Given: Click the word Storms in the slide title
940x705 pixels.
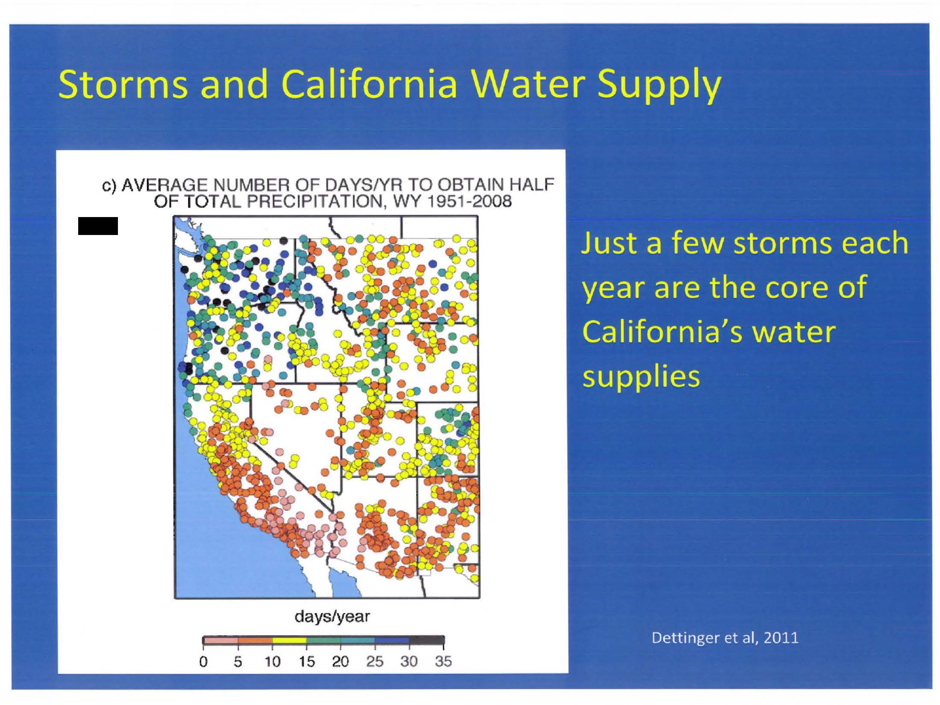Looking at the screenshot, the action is coord(123,84).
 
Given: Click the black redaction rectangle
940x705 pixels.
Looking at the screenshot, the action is coord(98,226).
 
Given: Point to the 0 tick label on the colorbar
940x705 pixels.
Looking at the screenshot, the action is coord(203,661).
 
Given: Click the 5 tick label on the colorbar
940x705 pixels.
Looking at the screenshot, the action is coord(238,661).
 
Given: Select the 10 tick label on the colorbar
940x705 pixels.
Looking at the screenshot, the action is coord(272,661).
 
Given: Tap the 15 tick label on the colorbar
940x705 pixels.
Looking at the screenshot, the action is coord(306,661).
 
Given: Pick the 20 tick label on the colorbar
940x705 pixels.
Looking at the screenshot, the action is coord(341,661).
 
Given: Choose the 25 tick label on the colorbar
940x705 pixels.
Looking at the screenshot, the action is coord(375,661).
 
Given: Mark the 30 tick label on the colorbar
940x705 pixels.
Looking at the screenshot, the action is coord(409,661).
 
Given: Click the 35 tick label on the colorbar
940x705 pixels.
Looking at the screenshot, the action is coord(443,661).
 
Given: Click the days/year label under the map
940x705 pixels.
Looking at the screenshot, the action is coord(332,617).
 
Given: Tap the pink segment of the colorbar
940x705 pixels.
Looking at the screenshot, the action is coord(220,640).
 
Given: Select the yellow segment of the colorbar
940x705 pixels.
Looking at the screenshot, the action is coord(289,640).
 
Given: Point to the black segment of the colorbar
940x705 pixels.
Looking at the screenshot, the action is coord(426,640).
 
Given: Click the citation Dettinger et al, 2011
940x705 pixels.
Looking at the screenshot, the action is coord(725,638).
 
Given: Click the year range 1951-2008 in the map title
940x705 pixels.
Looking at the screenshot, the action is coord(469,201).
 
